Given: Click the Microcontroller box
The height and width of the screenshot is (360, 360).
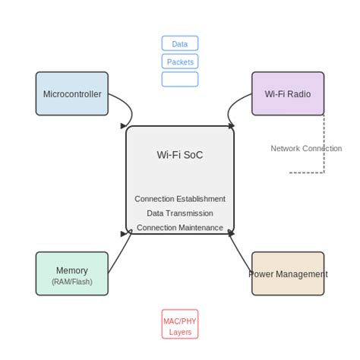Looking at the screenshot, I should (72, 93).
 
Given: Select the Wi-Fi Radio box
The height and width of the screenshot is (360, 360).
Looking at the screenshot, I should (288, 93).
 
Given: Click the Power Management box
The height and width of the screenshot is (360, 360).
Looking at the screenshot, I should (288, 273).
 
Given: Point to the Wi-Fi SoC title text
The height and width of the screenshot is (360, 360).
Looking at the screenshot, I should (180, 155).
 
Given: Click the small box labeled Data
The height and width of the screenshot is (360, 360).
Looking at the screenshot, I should (180, 43).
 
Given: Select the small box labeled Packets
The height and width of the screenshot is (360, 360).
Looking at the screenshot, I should (180, 62).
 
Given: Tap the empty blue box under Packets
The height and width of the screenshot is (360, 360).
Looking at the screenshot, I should (180, 79).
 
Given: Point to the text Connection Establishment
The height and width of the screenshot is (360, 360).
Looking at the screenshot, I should (180, 199).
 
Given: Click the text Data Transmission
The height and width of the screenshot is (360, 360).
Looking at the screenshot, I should (180, 213).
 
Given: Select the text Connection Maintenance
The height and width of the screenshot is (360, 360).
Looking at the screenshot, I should (180, 228).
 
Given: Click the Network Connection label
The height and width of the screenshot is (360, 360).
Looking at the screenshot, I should (306, 148).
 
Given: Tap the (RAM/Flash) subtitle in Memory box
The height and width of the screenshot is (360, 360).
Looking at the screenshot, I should (72, 282).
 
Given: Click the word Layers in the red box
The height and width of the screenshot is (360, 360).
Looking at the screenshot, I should (180, 332).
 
